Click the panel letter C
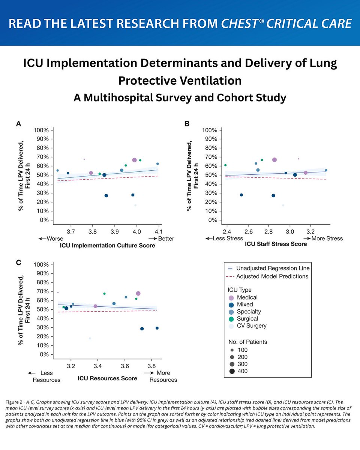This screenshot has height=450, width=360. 18,263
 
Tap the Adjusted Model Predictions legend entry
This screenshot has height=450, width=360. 272,276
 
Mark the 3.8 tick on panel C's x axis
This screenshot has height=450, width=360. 151,365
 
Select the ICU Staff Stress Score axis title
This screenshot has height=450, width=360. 276,244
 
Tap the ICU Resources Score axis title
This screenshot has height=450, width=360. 107,378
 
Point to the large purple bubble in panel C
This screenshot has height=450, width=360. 138,294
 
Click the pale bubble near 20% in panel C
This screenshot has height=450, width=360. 90,338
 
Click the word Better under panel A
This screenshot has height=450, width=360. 165,238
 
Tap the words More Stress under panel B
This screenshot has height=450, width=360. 328,238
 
